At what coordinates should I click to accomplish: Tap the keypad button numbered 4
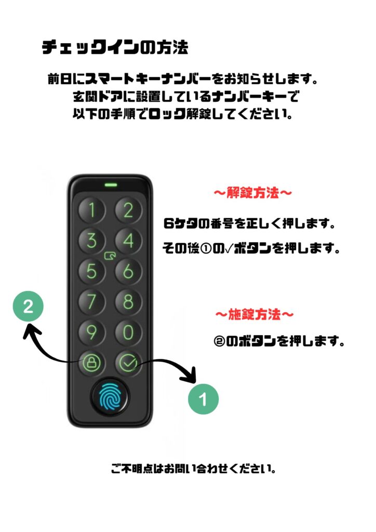[128, 241]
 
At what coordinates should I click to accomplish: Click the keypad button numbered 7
[91, 301]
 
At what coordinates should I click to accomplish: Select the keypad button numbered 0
[128, 332]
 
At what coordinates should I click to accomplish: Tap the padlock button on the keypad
[91, 362]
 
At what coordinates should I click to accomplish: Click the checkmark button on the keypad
[128, 362]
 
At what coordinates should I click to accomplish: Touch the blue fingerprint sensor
[110, 396]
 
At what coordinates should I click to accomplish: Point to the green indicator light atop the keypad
[111, 185]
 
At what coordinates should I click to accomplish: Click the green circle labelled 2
[28, 307]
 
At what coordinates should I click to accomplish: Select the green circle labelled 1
[204, 399]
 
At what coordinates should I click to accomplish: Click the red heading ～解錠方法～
[253, 193]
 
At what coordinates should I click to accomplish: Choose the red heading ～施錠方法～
[254, 314]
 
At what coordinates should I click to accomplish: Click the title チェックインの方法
[115, 47]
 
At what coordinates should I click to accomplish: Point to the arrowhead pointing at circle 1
[191, 375]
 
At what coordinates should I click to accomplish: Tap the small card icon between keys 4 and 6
[110, 256]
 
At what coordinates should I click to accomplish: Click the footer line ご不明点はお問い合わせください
[193, 469]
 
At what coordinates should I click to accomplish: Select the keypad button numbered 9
[91, 332]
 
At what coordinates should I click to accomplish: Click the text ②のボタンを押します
[279, 341]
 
